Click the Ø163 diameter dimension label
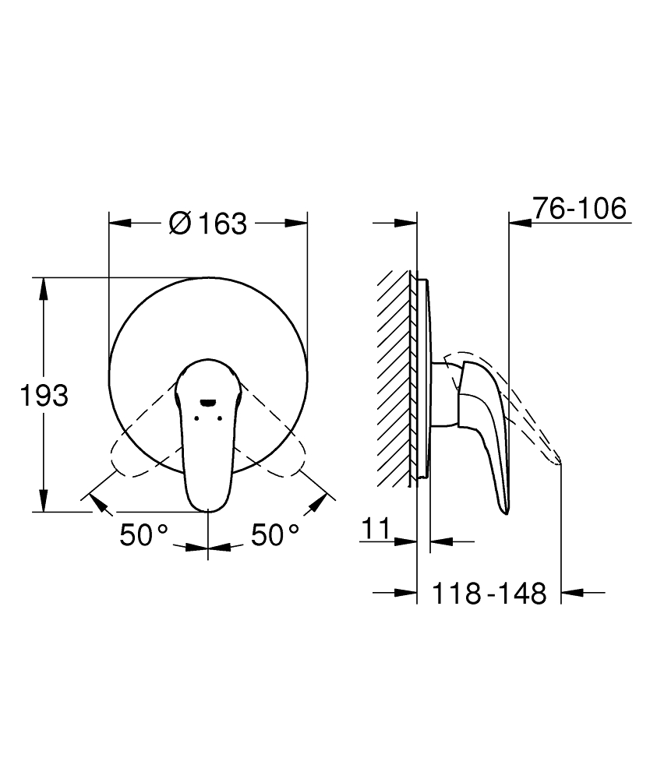click(208, 224)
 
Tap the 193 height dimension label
click(44, 396)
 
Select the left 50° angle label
click(143, 535)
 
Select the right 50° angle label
click(275, 535)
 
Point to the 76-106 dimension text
click(579, 208)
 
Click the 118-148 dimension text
click(489, 593)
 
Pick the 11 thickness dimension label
click(376, 529)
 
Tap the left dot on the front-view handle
click(196, 418)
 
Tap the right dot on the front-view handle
click(219, 418)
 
